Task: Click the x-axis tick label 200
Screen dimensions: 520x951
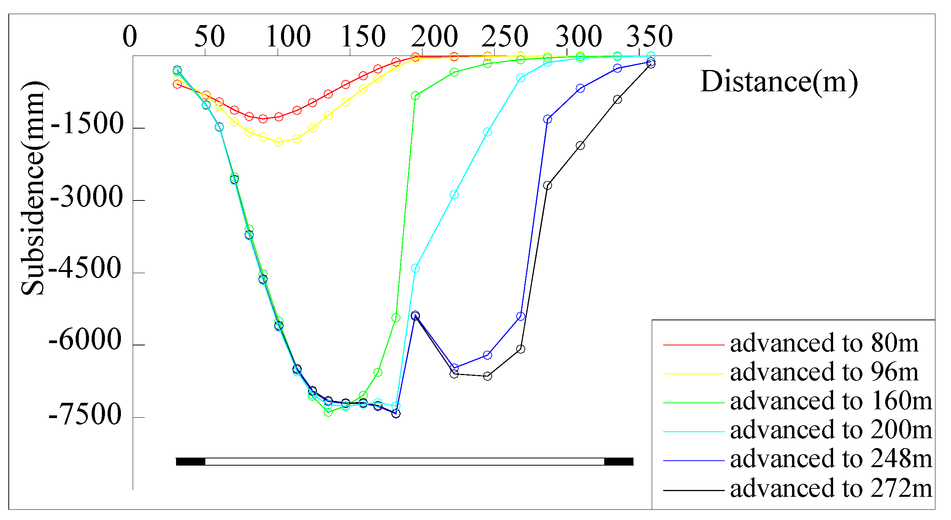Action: click(434, 37)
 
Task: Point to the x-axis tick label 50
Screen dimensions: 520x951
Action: click(210, 37)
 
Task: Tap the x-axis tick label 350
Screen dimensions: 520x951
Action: click(649, 37)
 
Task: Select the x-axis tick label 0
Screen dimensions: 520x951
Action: click(130, 37)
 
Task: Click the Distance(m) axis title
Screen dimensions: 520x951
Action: click(779, 81)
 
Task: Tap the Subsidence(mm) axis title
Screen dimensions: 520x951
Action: click(33, 188)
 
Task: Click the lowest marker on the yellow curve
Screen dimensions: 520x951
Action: click(279, 142)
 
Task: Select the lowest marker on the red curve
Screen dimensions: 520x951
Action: click(263, 119)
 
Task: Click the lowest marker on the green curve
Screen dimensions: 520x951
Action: click(328, 412)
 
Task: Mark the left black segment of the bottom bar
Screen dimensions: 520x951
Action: click(191, 462)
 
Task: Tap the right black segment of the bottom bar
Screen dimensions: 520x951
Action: click(619, 462)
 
